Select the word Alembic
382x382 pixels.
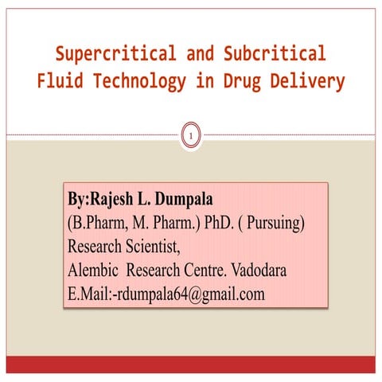tap(95, 270)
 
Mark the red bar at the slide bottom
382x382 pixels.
tap(191, 364)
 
